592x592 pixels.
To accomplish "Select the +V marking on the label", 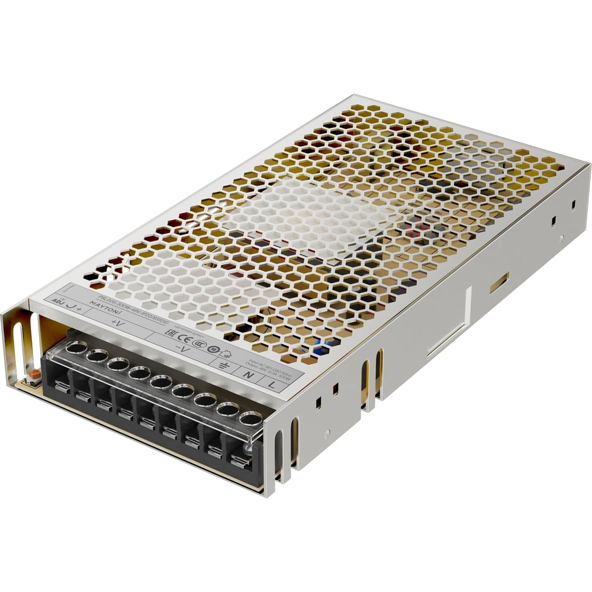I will coord(117,323).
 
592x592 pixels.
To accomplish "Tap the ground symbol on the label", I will coord(224,365).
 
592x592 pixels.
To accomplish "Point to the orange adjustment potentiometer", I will coord(34,375).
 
